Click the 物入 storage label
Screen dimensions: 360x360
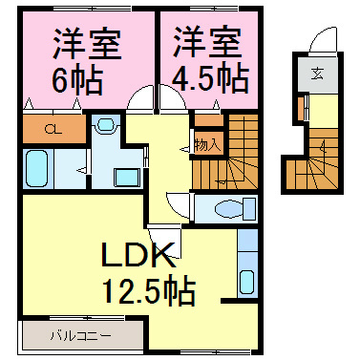pos(207,145)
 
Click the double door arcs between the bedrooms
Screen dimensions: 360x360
pos(140,99)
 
